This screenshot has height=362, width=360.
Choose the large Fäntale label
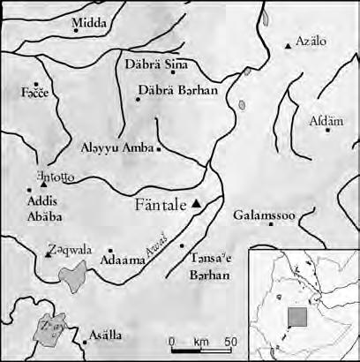pos(161,206)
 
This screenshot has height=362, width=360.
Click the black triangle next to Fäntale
pos(197,204)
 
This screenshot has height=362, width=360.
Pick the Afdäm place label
pos(324,121)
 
